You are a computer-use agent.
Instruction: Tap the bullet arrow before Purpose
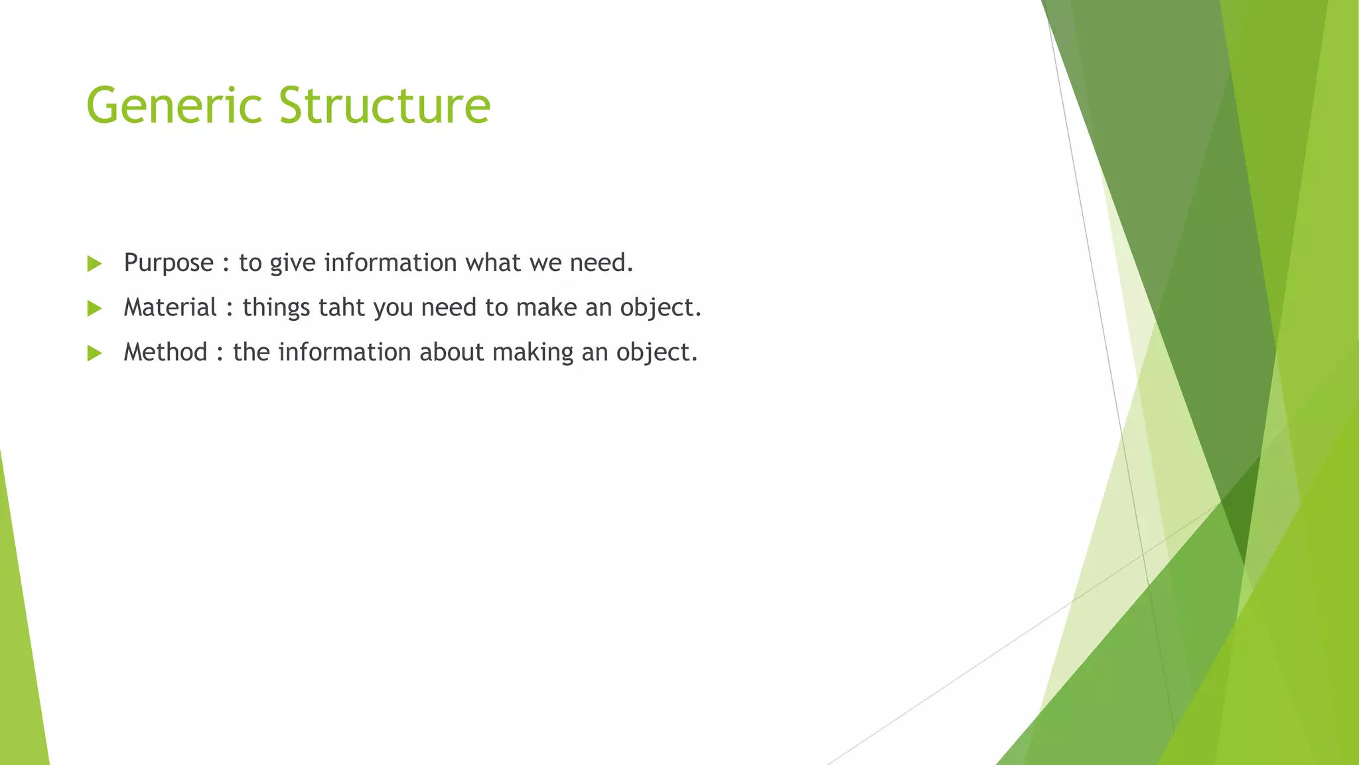(94, 264)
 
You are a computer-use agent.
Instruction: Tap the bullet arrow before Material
(94, 308)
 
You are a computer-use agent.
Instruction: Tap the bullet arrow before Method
(94, 353)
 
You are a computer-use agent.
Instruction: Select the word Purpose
(169, 264)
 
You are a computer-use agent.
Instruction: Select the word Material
(170, 307)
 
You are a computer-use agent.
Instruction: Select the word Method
(165, 352)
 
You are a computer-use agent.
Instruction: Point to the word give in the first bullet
(292, 264)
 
